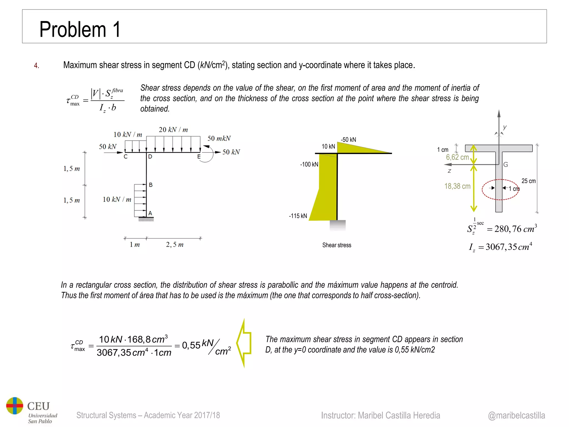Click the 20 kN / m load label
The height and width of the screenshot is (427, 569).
click(173, 130)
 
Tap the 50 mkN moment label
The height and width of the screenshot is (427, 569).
click(219, 138)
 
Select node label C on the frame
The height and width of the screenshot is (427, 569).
click(126, 157)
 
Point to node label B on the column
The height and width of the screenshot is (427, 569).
click(151, 185)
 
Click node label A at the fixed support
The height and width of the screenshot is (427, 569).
click(150, 213)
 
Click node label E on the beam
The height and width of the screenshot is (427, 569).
click(199, 157)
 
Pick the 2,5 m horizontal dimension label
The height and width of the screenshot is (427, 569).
click(174, 245)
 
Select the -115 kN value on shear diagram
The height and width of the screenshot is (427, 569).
click(298, 216)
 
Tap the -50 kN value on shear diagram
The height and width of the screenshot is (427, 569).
click(348, 140)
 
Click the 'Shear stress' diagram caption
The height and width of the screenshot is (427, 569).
click(336, 245)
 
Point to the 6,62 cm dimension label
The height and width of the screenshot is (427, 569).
click(457, 157)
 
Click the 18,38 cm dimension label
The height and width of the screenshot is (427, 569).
click(457, 186)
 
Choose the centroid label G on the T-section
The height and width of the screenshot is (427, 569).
click(506, 165)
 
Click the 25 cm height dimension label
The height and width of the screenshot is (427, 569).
click(528, 181)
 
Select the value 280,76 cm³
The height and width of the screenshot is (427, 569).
click(515, 229)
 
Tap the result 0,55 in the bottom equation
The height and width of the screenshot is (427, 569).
click(191, 345)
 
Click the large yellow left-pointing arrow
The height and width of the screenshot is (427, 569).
click(244, 343)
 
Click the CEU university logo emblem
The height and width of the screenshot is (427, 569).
click(15, 406)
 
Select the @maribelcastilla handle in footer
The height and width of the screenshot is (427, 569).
click(516, 415)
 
